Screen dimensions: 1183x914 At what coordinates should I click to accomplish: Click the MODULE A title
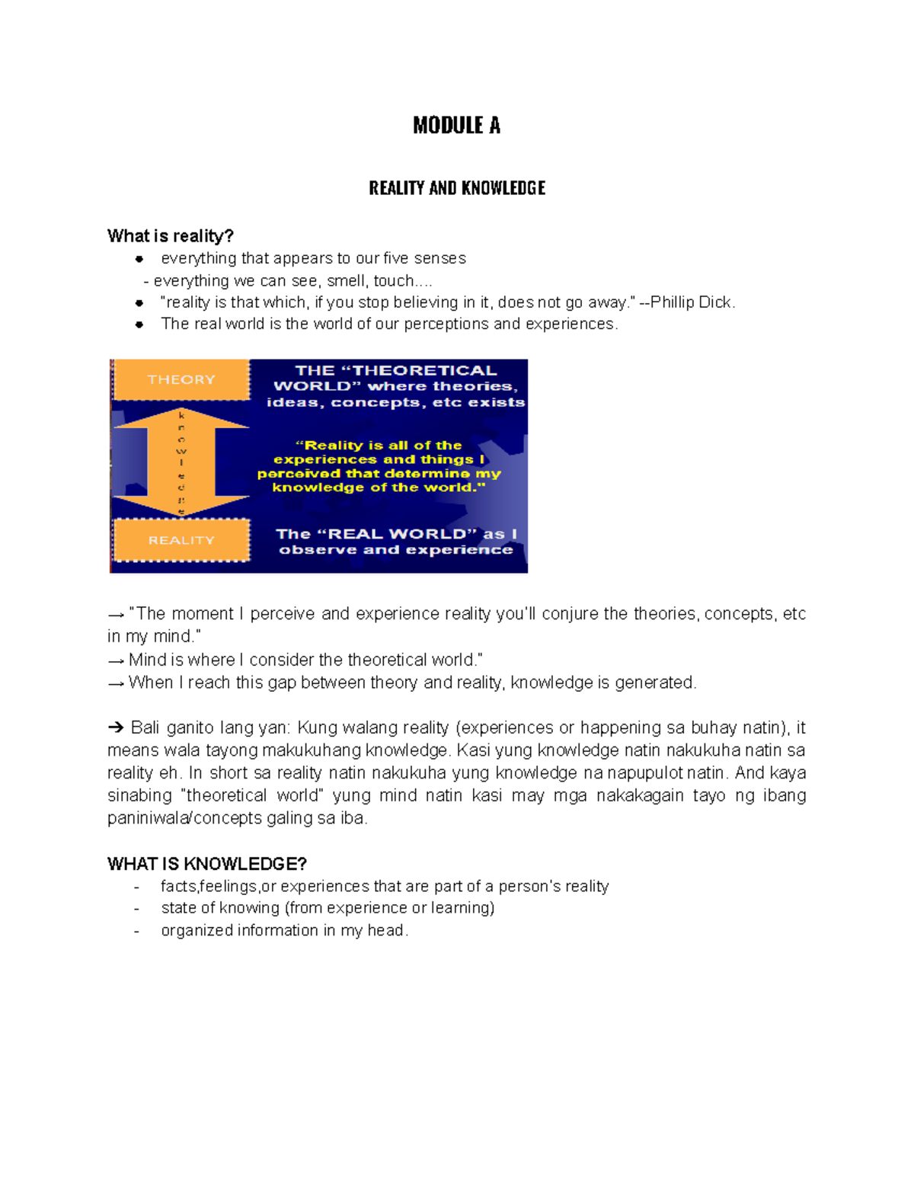(x=456, y=126)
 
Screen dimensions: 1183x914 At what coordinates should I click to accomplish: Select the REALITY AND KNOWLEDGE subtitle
(x=456, y=188)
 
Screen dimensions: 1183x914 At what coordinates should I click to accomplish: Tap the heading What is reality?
(x=170, y=236)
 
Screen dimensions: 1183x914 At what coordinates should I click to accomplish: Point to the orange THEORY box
(x=181, y=379)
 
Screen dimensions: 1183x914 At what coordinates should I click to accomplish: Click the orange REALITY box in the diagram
(x=181, y=540)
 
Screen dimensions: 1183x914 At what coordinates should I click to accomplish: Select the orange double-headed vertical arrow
(x=181, y=461)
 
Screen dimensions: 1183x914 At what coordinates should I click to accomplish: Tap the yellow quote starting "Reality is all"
(x=379, y=466)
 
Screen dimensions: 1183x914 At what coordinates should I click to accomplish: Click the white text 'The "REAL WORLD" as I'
(x=396, y=534)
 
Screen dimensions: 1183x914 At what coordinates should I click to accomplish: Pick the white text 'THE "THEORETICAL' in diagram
(x=395, y=371)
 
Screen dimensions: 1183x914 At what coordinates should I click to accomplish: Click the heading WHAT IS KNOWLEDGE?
(x=206, y=864)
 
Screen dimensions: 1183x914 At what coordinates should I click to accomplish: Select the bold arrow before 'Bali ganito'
(x=116, y=728)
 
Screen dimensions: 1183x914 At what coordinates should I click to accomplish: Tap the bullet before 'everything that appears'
(x=139, y=259)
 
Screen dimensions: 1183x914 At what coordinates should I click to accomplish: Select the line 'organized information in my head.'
(x=284, y=931)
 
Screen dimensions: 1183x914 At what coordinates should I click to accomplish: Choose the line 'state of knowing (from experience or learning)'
(x=328, y=908)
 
